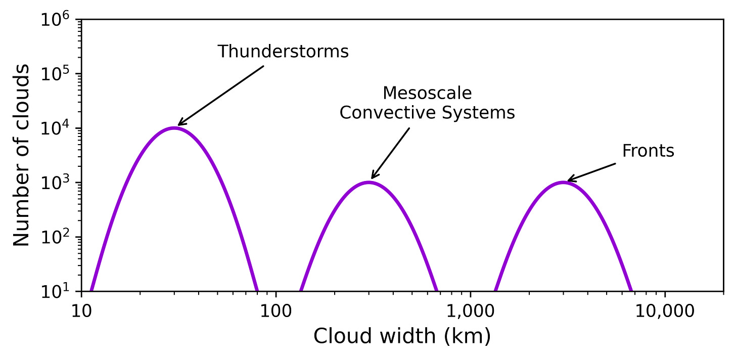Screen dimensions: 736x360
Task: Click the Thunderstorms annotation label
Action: tap(283, 52)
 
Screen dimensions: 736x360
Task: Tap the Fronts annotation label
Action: tap(648, 151)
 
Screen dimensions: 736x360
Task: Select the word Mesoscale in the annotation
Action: tap(427, 93)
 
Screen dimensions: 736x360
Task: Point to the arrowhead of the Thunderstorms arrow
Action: tap(179, 124)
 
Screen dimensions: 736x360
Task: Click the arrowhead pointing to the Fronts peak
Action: tap(568, 180)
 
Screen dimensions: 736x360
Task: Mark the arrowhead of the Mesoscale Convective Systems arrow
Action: tap(372, 177)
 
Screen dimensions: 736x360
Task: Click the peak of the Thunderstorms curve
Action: tap(174, 128)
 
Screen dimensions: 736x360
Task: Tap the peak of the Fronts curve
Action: tap(563, 182)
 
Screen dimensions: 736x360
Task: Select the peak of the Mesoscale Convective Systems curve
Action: tap(369, 182)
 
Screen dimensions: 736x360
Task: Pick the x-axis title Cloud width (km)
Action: tap(402, 336)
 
